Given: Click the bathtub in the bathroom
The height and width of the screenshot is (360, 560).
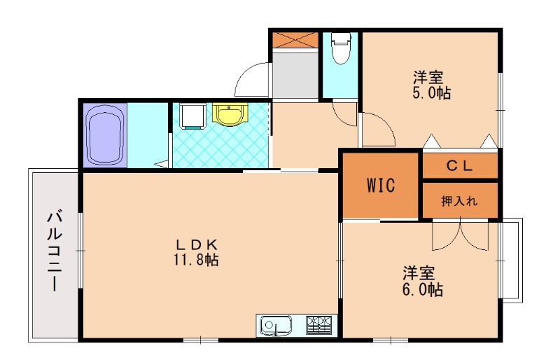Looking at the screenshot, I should (x=105, y=135).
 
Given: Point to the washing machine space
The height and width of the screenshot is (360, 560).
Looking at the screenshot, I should (x=192, y=116).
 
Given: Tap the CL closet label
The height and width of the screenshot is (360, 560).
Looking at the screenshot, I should (x=461, y=166).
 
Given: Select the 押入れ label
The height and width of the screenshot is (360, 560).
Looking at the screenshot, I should (x=459, y=201).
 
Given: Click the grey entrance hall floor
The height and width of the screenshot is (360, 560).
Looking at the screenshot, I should (x=295, y=74).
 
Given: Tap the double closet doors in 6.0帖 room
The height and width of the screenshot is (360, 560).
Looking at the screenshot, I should (x=461, y=236).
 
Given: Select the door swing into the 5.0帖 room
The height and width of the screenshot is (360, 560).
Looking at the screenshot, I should (x=377, y=130).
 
